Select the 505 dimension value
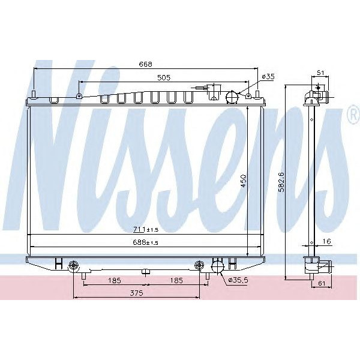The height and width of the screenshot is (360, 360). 164,77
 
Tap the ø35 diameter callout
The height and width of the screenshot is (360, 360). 269,76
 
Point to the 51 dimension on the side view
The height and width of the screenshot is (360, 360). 320,74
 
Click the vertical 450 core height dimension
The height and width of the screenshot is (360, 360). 244,181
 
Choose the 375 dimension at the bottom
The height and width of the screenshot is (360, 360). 136,293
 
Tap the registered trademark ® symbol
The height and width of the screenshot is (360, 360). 353,116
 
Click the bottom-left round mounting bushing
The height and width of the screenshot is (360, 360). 73,266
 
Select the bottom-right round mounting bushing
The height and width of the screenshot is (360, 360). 200,266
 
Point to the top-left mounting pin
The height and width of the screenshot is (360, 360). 35,94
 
